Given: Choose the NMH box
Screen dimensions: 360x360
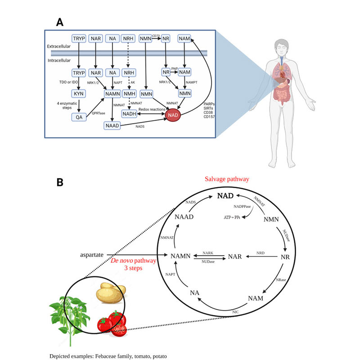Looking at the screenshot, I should [130, 94].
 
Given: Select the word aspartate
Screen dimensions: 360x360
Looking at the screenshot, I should [93, 256].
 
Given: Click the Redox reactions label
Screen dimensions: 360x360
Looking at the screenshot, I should [153, 110].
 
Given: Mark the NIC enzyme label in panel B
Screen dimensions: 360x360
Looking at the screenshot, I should [235, 311].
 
